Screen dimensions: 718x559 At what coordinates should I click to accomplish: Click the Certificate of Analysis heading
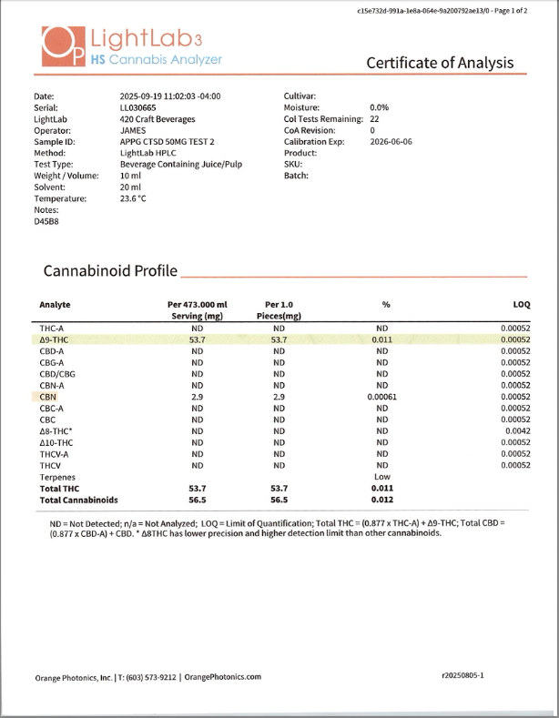pos(439,63)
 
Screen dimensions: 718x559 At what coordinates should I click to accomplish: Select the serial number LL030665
pos(138,107)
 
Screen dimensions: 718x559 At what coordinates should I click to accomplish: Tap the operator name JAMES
pos(133,130)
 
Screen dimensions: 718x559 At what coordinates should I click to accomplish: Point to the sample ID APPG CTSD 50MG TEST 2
pos(168,142)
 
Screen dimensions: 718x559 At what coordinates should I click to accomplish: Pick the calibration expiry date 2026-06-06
pos(391,142)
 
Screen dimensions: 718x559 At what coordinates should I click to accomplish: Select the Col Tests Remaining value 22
pos(374,119)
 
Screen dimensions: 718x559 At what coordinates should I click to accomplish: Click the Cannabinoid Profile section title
pos(110,271)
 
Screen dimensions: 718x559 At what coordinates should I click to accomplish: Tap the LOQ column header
pos(521,304)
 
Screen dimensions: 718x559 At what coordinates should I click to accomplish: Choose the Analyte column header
pos(55,304)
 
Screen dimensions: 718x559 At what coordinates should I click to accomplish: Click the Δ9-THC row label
pos(55,339)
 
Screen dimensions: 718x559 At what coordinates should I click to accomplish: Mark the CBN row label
pos(48,397)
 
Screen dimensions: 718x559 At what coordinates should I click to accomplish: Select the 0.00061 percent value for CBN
pos(381,397)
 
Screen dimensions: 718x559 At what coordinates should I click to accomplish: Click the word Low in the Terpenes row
pos(381,477)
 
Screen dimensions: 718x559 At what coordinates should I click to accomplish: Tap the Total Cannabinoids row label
pos(78,500)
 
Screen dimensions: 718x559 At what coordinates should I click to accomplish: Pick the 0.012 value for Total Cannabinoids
pos(381,500)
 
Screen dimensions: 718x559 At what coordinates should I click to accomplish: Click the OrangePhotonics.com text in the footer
pos(223,676)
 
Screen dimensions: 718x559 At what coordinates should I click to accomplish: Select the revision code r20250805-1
pos(462,676)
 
